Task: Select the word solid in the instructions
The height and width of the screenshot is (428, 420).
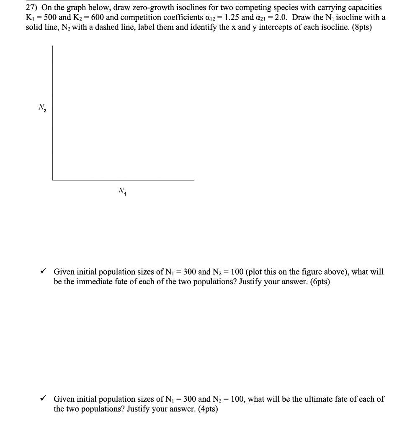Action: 35,27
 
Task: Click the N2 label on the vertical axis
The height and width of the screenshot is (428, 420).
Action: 41,107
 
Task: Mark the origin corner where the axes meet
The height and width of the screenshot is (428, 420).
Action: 53,180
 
